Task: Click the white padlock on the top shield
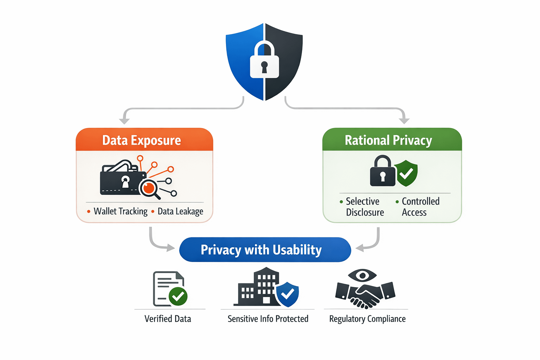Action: tap(264, 62)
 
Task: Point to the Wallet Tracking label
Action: tap(120, 211)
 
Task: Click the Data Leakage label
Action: tap(180, 211)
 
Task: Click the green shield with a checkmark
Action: tap(407, 173)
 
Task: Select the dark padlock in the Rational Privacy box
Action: tap(382, 172)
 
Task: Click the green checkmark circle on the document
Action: tap(178, 296)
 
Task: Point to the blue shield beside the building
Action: tap(288, 294)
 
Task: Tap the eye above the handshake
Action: tap(362, 275)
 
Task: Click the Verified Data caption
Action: tap(168, 319)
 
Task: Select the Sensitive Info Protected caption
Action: tap(268, 319)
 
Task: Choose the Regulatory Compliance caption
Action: tap(367, 319)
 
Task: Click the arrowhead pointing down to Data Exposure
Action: tap(124, 121)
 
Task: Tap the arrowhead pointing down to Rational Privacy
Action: tap(404, 121)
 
